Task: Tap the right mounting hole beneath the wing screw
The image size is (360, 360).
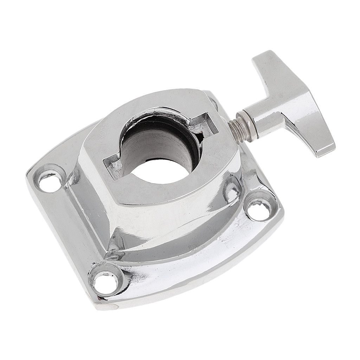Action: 259,210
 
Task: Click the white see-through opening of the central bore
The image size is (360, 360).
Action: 160,171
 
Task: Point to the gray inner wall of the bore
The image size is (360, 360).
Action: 158,144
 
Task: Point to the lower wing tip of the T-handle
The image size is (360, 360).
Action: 322,148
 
